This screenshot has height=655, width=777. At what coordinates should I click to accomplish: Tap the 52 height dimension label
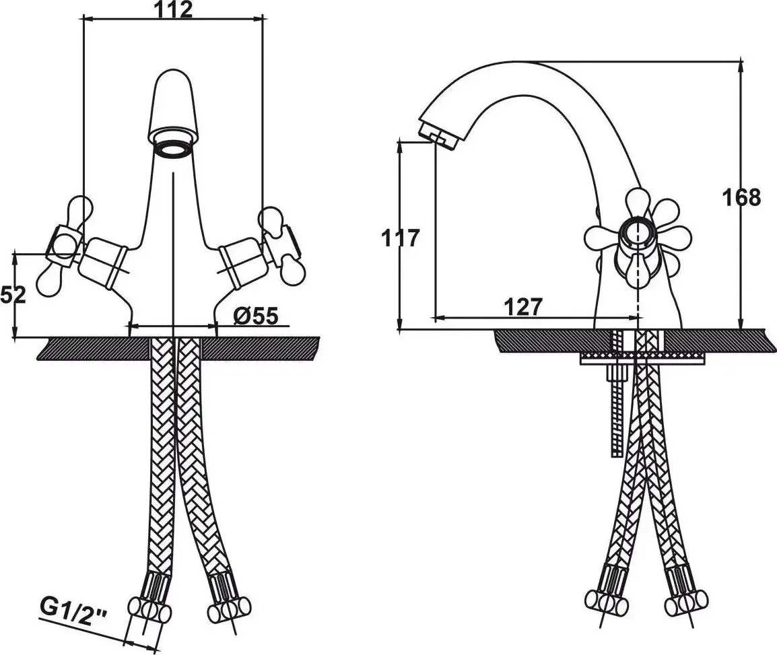coord(13,296)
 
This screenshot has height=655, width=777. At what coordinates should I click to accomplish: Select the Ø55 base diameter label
coord(256,316)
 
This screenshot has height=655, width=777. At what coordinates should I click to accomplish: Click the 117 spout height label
coord(401,238)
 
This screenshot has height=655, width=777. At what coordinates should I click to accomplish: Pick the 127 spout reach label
coord(523,307)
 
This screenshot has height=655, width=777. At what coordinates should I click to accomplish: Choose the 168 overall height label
coord(741,198)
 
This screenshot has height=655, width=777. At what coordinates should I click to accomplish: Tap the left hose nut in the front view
coord(149,609)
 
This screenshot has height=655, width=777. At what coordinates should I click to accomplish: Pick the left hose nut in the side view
coord(607,602)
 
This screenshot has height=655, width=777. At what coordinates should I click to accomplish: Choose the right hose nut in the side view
coord(686,602)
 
